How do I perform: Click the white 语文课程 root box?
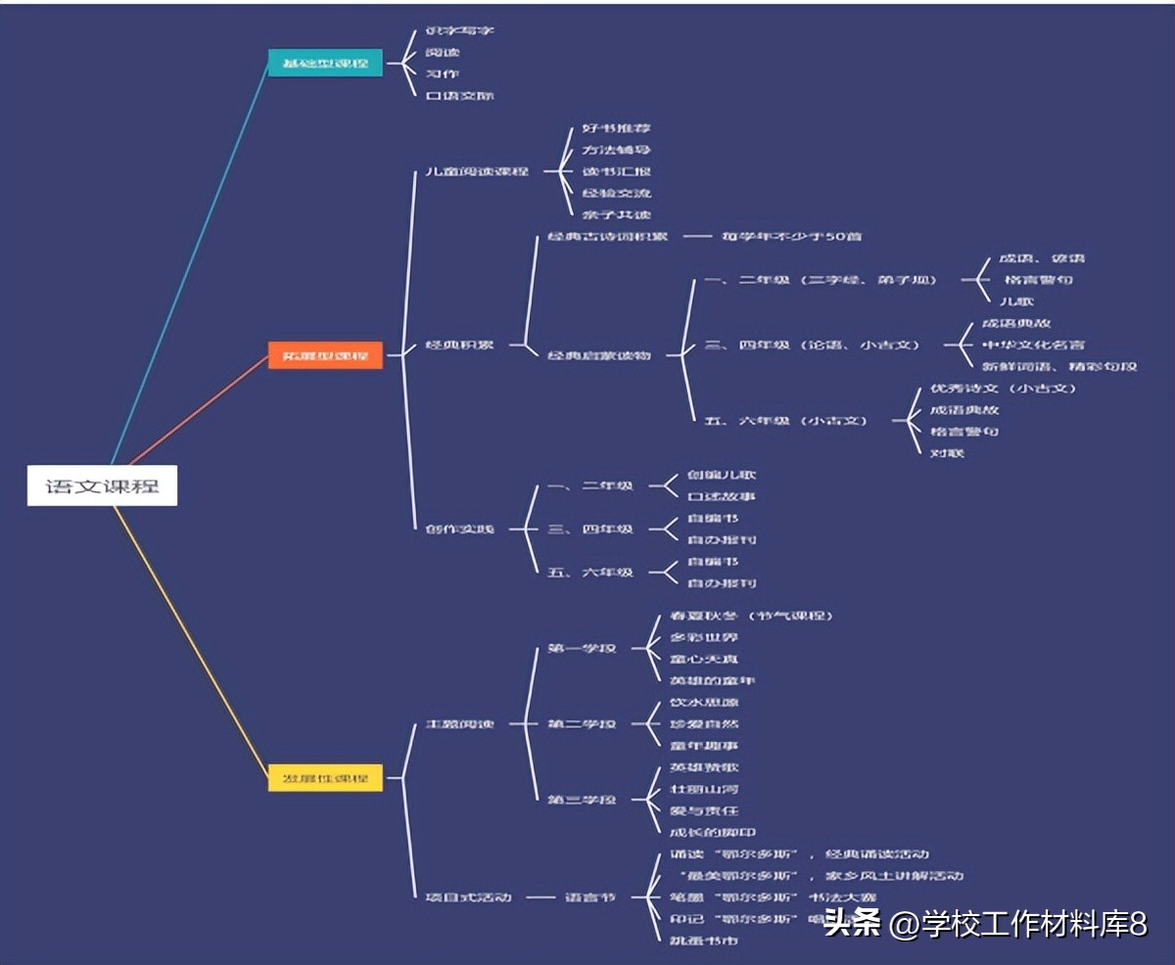[102, 485]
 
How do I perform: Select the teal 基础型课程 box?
[325, 64]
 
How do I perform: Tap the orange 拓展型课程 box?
[325, 354]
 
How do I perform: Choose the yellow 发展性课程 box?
[325, 779]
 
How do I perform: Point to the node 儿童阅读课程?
[471, 172]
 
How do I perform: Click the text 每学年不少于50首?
[791, 237]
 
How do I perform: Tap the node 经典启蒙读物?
[599, 355]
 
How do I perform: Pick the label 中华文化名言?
[1033, 345]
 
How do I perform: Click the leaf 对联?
[948, 453]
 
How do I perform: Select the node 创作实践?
[460, 529]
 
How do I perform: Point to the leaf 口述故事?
[721, 496]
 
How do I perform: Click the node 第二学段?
[582, 724]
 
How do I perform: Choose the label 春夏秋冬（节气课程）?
[751, 616]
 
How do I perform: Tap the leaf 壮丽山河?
[704, 789]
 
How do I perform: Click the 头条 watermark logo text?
[852, 923]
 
